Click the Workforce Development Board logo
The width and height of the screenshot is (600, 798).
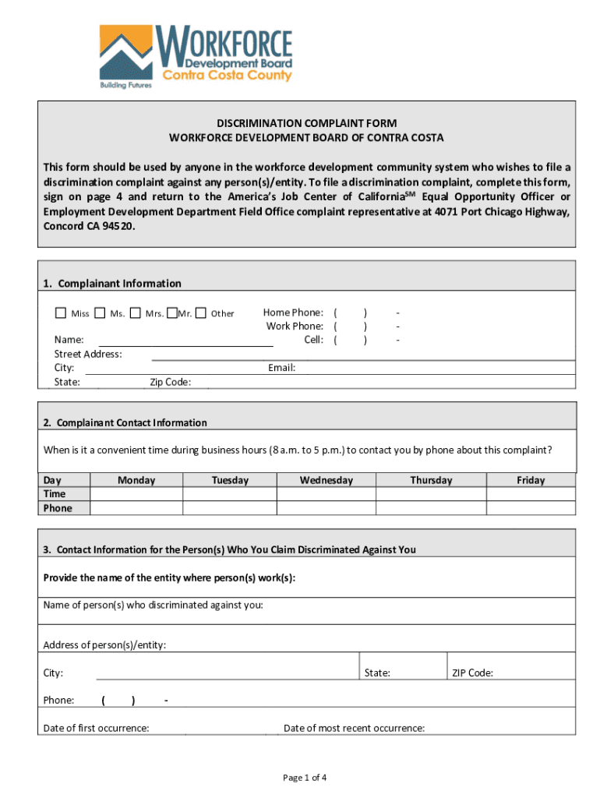coord(196,57)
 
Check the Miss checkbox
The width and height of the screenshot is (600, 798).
coord(61,313)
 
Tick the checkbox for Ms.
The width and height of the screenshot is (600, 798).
coord(100,313)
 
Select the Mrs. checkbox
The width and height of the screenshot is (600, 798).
coord(136,313)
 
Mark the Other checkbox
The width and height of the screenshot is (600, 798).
coord(201,313)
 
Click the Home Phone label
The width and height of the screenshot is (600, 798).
coord(293,312)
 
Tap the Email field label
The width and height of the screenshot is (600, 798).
coord(281,368)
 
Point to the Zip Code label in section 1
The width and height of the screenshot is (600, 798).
coord(170,382)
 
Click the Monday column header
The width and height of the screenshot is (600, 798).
coord(136,480)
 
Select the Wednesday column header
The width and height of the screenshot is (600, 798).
coord(326,480)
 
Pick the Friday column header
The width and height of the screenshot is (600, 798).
coord(531,480)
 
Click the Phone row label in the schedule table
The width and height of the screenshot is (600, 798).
coord(58,508)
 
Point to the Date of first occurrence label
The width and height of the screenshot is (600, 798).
coord(96,728)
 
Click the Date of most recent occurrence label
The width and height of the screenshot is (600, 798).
coord(354,728)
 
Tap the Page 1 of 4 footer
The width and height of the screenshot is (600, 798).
coord(305,777)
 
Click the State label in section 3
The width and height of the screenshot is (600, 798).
coord(377,673)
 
